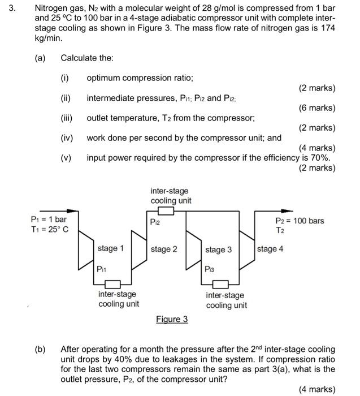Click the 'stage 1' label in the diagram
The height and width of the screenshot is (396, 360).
[x=111, y=248]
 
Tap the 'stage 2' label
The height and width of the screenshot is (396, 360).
[x=164, y=249]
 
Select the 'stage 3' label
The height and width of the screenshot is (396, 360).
[x=218, y=249]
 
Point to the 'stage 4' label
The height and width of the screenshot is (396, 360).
[x=270, y=249]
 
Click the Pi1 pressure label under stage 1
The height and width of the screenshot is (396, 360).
[x=102, y=269]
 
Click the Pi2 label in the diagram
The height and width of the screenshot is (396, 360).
[x=156, y=222]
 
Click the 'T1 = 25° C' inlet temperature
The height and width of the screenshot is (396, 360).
[x=49, y=230]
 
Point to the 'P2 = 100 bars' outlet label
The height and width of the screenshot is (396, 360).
[x=299, y=220]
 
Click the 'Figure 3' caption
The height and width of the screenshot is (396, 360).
[x=172, y=320]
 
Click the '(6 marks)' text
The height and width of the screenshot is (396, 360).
[x=316, y=107]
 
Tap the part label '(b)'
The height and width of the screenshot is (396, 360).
[x=40, y=349]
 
